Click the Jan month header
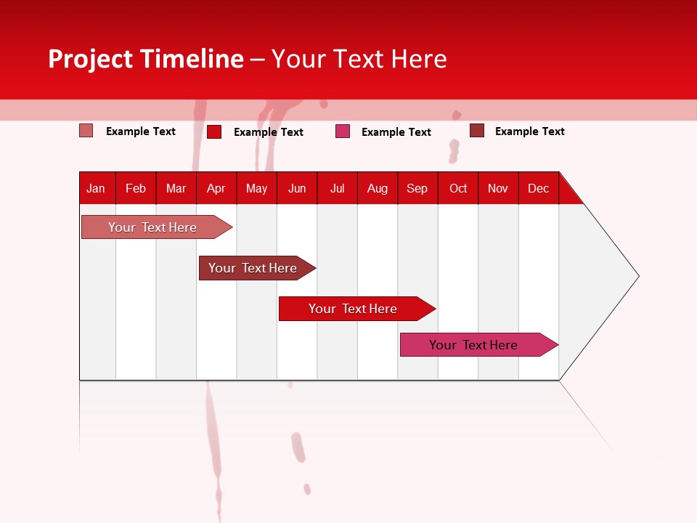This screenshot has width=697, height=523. tap(96, 188)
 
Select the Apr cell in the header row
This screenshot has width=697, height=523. tap(216, 188)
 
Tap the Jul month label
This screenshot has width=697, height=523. tap(337, 188)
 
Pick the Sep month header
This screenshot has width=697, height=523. tap(417, 188)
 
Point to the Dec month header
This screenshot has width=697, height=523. tap(538, 188)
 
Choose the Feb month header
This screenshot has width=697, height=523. tap(136, 188)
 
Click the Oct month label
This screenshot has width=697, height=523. tap(457, 188)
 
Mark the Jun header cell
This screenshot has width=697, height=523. tap(296, 188)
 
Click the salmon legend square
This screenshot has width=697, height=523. tap(86, 131)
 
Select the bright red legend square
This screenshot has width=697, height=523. tap(214, 131)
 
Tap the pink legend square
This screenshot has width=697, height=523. tap(343, 131)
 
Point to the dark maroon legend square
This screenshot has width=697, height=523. tap(477, 131)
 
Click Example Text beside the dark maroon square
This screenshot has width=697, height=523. tap(529, 131)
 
